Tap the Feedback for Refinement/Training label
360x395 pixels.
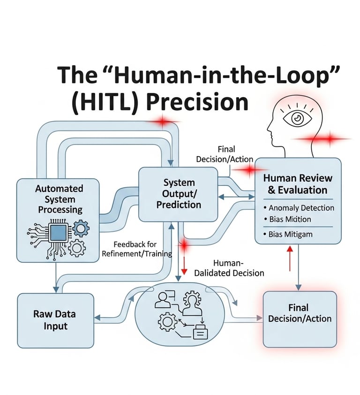click(137, 249)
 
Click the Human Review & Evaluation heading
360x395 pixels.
click(297, 184)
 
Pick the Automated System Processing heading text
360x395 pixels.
click(59, 199)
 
